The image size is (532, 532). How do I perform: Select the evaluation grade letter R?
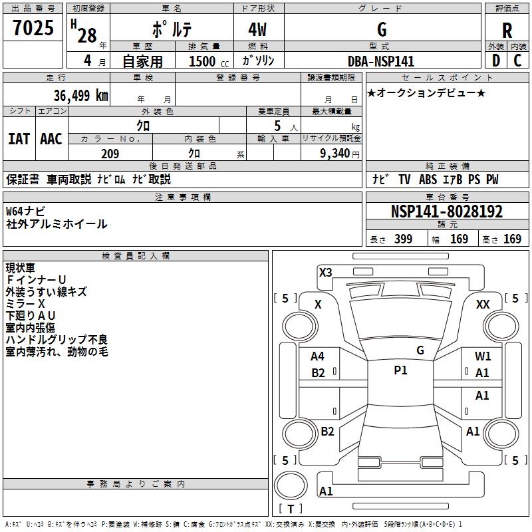[x=507, y=31]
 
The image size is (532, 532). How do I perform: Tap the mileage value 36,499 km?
[x=81, y=95]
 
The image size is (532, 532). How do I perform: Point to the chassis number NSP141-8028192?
[x=447, y=212]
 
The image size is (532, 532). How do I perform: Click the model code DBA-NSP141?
[x=381, y=61]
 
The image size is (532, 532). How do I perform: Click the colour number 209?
[x=110, y=154]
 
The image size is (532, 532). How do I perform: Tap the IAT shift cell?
[x=19, y=139]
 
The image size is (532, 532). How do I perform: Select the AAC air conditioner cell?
[x=51, y=139]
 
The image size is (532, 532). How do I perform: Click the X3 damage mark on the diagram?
[x=325, y=272]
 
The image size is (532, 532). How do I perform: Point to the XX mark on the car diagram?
[x=483, y=304]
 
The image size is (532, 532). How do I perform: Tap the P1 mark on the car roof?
[x=400, y=370]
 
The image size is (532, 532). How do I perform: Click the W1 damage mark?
[x=483, y=356]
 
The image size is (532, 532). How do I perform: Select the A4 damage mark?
[x=318, y=356]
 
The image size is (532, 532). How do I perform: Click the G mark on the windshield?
[x=420, y=350]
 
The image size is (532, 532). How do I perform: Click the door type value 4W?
[x=258, y=31]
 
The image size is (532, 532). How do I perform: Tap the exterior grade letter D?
[x=495, y=61]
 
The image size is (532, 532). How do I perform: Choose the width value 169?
[x=460, y=239]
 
